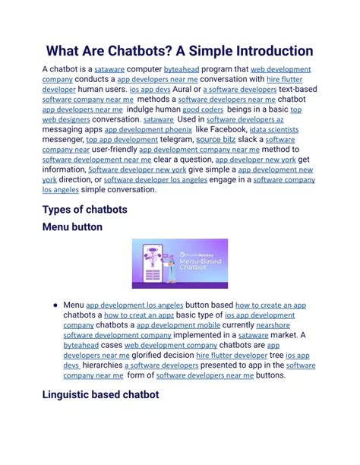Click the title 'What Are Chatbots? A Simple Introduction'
click(179, 51)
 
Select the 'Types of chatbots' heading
click(84, 209)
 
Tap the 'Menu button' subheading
click(72, 226)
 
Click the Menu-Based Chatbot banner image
click(179, 264)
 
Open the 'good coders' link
click(203, 109)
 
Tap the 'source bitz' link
click(216, 140)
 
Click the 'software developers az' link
click(245, 119)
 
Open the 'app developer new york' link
click(256, 160)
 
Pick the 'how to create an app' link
click(270, 305)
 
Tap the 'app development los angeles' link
click(134, 305)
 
